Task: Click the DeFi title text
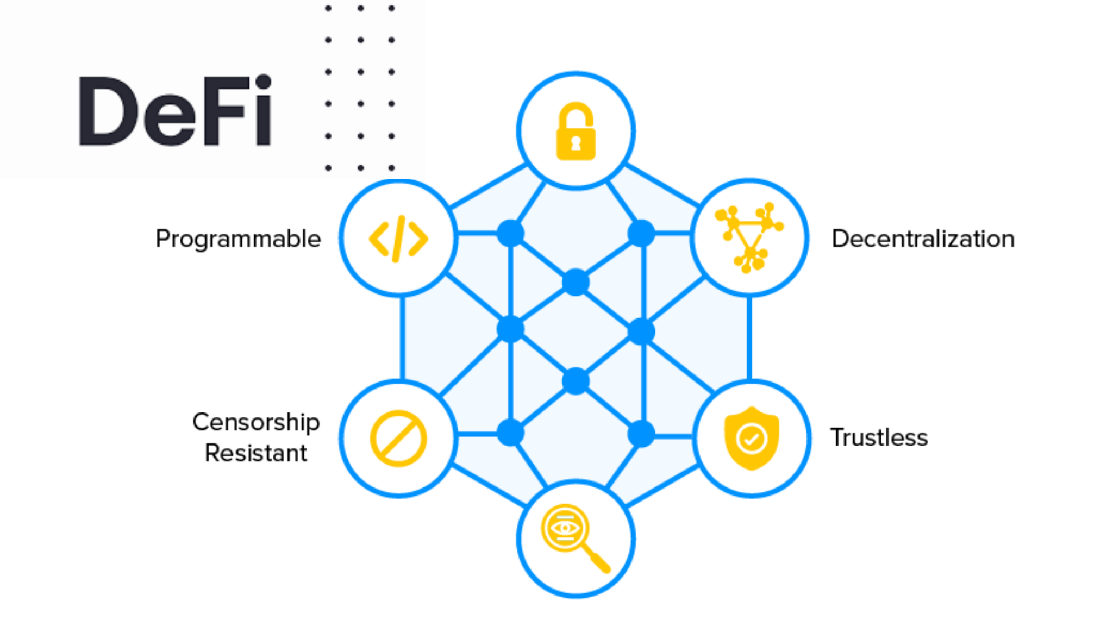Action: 175,111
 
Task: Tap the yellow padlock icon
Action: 576,132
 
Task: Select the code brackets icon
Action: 398,239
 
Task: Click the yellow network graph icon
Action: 749,237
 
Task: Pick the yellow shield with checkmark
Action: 752,438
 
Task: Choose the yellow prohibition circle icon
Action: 398,438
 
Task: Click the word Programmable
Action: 238,239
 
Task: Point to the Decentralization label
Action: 923,239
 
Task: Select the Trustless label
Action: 879,438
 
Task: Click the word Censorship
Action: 256,422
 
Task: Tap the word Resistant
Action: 256,453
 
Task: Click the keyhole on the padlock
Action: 576,144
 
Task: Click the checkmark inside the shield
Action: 752,439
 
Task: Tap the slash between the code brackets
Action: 399,239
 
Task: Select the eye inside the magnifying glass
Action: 565,528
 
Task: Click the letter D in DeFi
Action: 107,111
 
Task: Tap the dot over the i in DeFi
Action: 264,83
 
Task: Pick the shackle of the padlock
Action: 576,114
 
